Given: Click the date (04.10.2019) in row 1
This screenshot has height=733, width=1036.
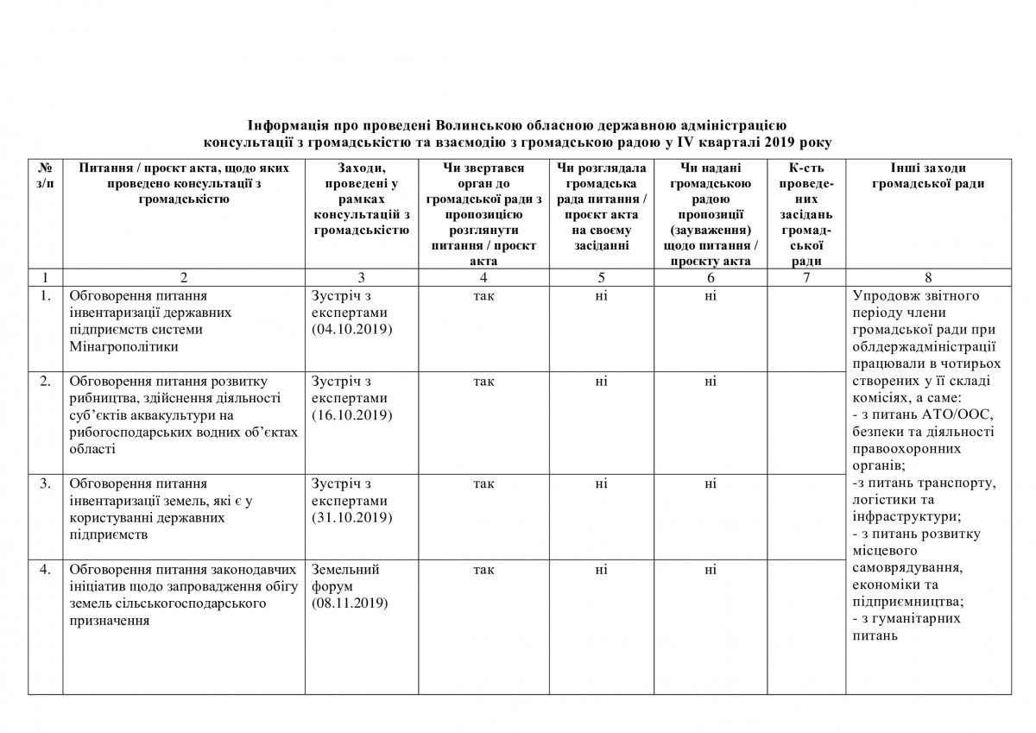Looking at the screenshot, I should coord(351,330).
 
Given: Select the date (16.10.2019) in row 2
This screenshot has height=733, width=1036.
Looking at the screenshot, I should coord(351,415).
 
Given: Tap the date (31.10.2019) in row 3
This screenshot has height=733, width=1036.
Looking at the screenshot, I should coord(351,518).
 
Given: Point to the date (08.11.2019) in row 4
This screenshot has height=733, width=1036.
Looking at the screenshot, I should coord(351,603).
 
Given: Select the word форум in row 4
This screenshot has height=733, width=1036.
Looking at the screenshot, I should coord(333,586).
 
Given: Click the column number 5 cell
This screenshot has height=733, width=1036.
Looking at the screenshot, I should coord(601,278).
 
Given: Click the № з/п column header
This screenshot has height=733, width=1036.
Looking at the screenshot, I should coord(45,174).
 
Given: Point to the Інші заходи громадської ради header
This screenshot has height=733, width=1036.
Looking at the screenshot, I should coord(927,174).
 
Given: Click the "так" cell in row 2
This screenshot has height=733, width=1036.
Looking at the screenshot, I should coord(483,381).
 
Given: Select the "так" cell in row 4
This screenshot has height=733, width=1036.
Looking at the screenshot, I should coord(483,569).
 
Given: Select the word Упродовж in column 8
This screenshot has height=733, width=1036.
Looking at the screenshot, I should coord(883,295).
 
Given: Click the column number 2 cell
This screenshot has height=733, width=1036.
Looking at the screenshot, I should coord(184,278).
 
